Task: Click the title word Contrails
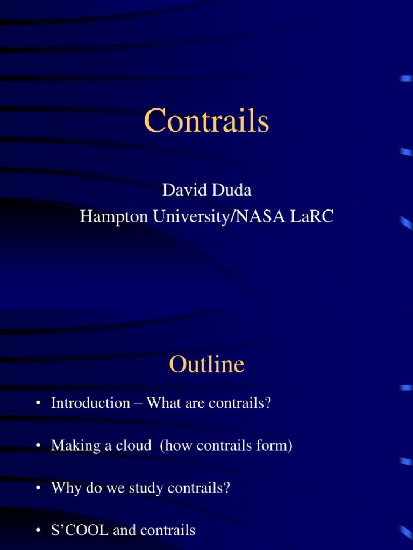pos(206,121)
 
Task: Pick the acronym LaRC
pos(313,216)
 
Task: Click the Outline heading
pos(206,365)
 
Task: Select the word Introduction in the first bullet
pos(90,403)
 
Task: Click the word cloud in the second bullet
pos(132,445)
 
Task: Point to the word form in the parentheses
pos(278,445)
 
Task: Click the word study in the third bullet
pos(147,488)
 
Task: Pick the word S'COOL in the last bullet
pos(80,531)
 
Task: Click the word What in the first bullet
pos(163,403)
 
